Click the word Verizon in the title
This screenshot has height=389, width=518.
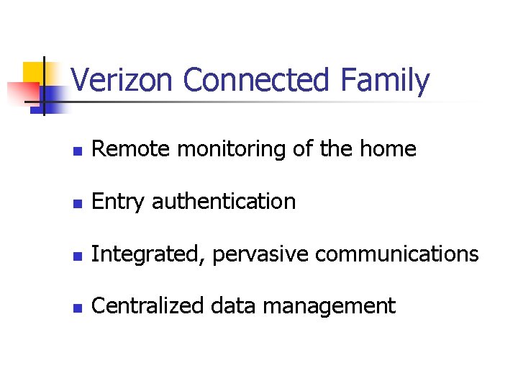point(123,81)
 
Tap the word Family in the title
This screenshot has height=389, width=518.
point(386,81)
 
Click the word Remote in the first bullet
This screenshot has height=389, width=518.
point(132,149)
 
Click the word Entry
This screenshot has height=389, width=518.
point(119,202)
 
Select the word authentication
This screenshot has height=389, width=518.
point(224,202)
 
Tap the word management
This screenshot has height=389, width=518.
point(329,306)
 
